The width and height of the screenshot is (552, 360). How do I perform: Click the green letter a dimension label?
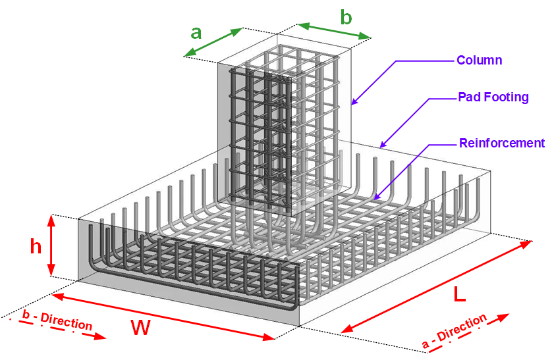click(x=196, y=32)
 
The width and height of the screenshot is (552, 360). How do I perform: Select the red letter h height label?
click(x=36, y=247)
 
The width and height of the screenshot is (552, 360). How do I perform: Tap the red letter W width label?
click(x=140, y=328)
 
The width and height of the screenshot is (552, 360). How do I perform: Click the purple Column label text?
click(x=480, y=61)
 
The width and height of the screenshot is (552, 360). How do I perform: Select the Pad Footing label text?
click(x=493, y=97)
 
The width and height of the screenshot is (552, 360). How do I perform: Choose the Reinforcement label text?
click(x=502, y=143)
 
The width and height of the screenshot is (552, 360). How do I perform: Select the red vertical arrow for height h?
click(x=51, y=245)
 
